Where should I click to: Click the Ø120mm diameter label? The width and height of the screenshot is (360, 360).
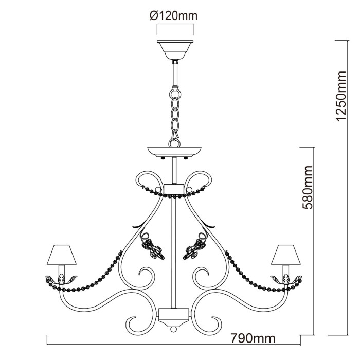(x=174, y=16)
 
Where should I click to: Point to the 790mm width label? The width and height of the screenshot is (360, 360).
(x=253, y=338)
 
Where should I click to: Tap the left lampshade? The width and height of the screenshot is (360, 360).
(x=61, y=254)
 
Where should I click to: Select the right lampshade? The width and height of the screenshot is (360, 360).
(x=286, y=254)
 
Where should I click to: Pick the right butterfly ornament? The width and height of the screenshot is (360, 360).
(x=195, y=248)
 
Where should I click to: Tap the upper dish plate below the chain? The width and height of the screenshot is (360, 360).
(x=174, y=152)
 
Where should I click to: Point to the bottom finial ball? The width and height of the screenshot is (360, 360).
(x=174, y=327)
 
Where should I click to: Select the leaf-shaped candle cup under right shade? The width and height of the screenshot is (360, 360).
(x=286, y=278)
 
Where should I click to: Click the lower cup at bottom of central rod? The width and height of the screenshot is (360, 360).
(x=174, y=314)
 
